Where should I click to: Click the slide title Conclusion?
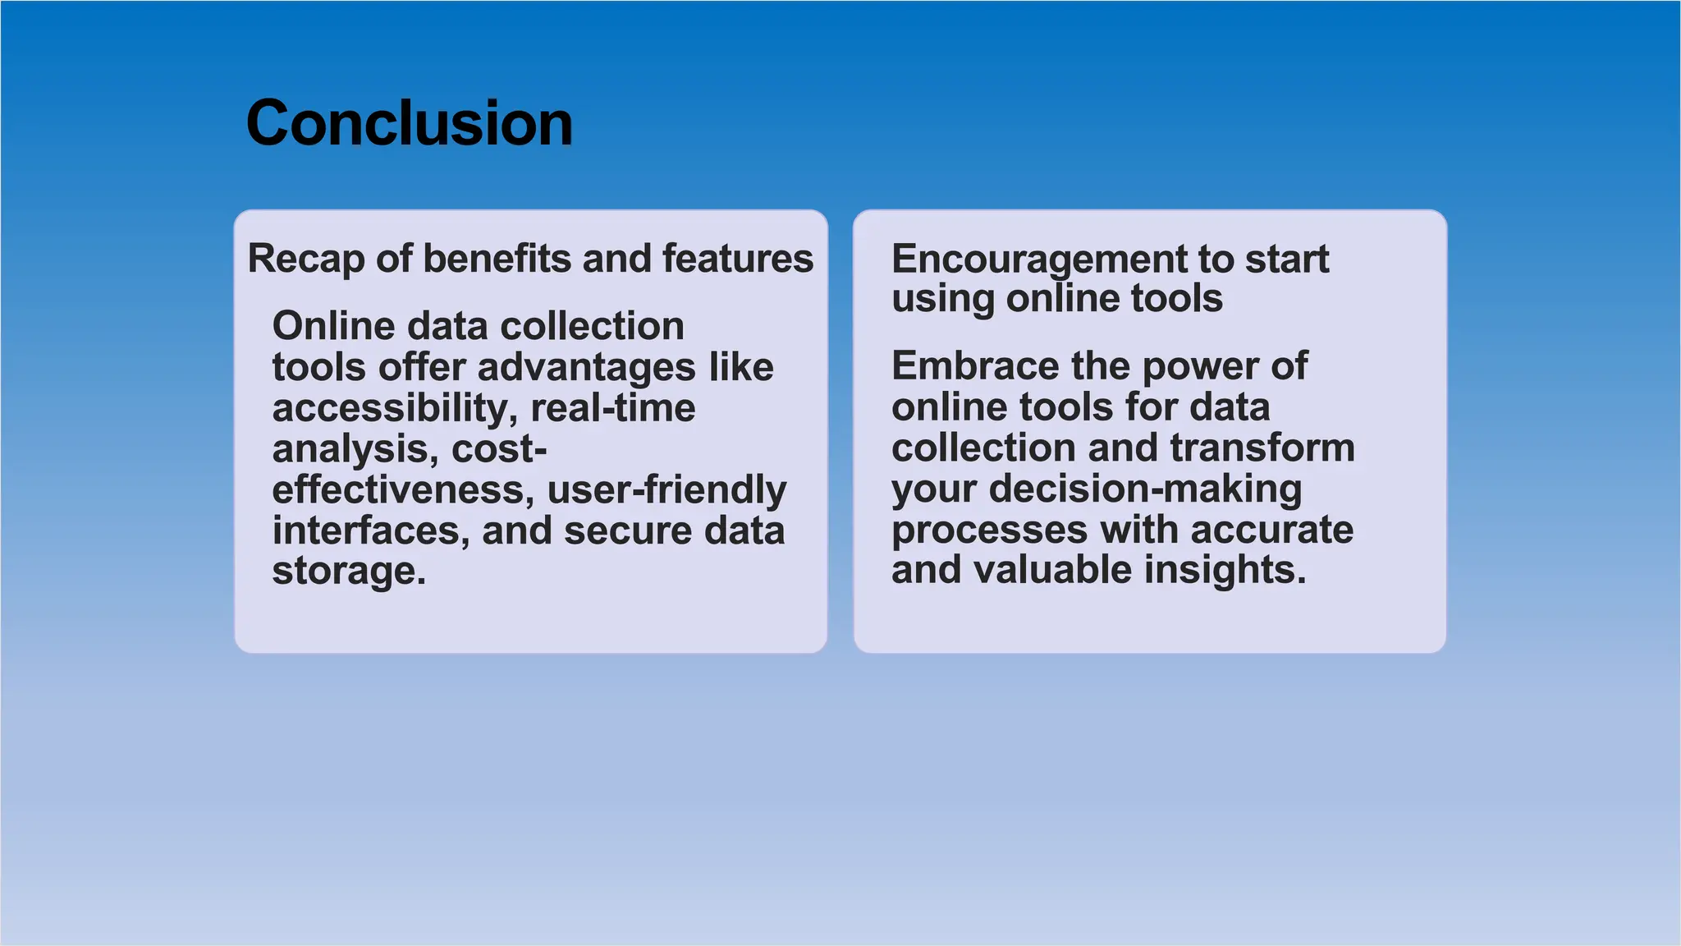coord(409,123)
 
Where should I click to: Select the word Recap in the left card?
coord(305,259)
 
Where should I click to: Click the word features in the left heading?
coord(737,259)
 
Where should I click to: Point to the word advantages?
coord(586,367)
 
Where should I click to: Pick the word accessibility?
coord(394,408)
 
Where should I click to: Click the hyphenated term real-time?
coord(612,408)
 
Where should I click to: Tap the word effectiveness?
coord(402,489)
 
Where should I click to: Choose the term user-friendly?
coord(666,490)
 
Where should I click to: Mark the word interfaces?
coord(371,530)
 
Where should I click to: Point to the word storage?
coord(348,571)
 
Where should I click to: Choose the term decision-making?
coord(1145,489)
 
